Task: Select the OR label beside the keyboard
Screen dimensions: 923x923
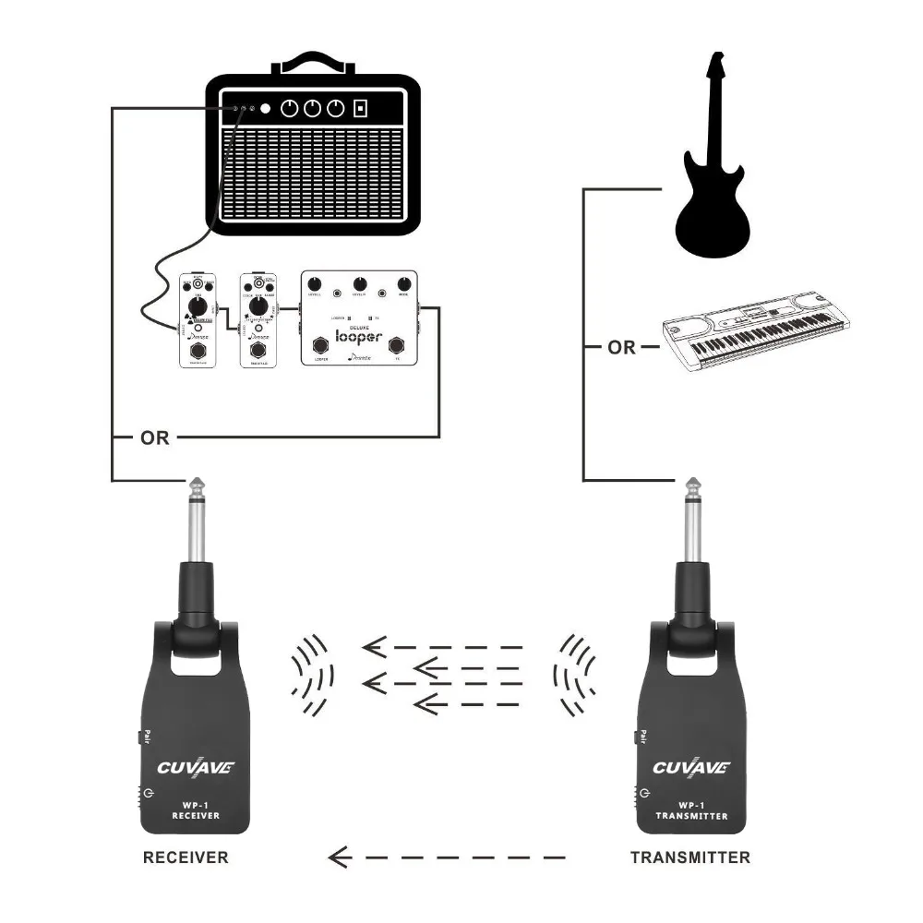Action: [621, 348]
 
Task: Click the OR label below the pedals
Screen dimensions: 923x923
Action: [155, 438]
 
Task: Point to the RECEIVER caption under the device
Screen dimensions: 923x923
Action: [186, 857]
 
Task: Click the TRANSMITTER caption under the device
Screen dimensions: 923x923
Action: [690, 857]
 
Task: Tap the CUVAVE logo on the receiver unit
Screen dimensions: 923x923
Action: [196, 767]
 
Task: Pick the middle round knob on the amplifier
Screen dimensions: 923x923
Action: [313, 109]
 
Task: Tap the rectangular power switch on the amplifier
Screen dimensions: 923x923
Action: [361, 109]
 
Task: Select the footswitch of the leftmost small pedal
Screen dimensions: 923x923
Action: [196, 354]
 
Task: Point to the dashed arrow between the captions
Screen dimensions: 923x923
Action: [448, 858]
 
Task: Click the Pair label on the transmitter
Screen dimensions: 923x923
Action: [641, 737]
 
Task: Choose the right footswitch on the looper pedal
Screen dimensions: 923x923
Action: [398, 347]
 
